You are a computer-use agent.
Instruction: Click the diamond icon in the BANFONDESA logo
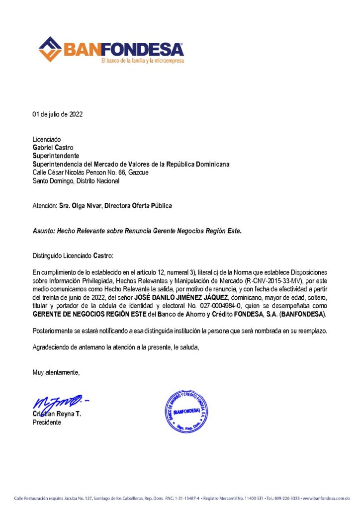[x=50, y=49]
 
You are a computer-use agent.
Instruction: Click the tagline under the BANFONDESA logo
[x=142, y=61]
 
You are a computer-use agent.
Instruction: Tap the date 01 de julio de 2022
[x=58, y=114]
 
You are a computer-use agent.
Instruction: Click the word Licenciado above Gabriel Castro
[x=47, y=139]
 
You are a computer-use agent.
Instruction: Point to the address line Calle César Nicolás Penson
[x=90, y=172]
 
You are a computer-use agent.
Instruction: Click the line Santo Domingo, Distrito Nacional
[x=76, y=181]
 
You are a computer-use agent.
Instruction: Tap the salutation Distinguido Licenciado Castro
[x=73, y=256]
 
